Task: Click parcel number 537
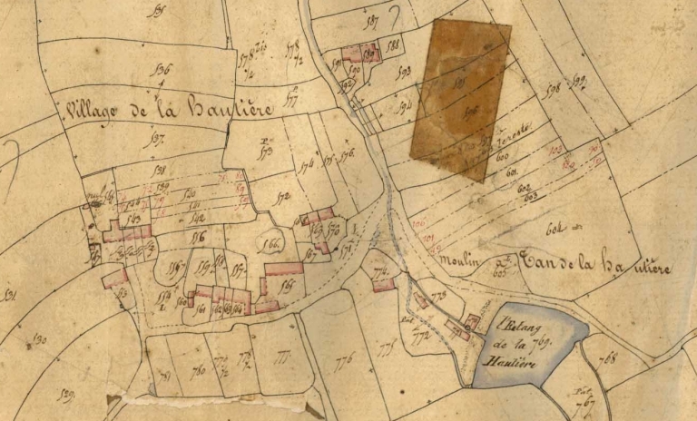point(157,139)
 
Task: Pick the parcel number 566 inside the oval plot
point(270,242)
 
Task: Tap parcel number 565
point(290,287)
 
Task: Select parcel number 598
point(549,88)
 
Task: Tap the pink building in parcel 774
point(383,285)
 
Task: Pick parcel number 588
point(393,44)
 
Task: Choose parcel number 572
point(282,196)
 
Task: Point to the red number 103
point(556,148)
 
